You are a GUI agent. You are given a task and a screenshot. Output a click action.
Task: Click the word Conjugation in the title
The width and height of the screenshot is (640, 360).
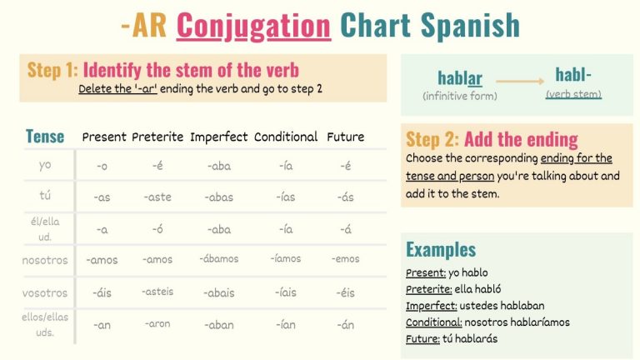point(253,26)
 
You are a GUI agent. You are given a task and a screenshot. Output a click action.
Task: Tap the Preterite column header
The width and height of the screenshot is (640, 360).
point(158,137)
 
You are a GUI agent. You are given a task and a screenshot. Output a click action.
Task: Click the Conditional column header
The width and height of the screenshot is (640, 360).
point(286,137)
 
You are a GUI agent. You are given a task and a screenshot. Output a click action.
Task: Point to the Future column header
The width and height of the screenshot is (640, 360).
point(345,137)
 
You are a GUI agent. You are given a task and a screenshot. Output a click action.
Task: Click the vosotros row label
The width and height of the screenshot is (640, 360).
point(45,292)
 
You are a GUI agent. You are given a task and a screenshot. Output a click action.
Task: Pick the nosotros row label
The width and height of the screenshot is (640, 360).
point(45,260)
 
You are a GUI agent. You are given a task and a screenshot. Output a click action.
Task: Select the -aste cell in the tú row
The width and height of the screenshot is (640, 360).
point(157,197)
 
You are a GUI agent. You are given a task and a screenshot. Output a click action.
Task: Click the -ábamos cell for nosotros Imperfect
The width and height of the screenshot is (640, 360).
point(219,259)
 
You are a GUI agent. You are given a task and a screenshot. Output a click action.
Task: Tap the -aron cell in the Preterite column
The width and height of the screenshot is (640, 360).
point(157,323)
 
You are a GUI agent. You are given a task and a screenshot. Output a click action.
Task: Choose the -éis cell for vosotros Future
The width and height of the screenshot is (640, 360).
point(346,292)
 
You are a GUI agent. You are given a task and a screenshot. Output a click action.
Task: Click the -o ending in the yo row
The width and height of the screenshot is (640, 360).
point(102,166)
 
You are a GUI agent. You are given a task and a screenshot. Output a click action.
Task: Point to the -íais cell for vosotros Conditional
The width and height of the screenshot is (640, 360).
point(286,292)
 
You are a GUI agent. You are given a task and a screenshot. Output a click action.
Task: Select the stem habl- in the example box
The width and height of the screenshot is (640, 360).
point(573,75)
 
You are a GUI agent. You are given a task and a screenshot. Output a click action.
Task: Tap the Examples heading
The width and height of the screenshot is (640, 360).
point(441,249)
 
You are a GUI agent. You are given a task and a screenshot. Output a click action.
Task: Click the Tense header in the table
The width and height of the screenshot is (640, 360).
point(45,137)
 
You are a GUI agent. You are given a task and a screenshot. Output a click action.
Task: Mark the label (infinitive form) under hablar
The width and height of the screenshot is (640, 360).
point(460,96)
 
